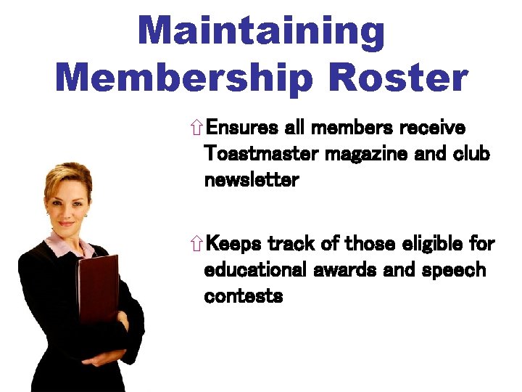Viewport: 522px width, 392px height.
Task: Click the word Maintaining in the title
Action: click(x=261, y=32)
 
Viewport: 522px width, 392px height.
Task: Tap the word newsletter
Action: click(x=252, y=180)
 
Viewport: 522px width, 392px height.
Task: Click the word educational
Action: click(x=257, y=269)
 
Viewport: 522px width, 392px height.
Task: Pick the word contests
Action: click(x=244, y=295)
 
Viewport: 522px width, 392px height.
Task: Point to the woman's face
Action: click(x=67, y=200)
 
